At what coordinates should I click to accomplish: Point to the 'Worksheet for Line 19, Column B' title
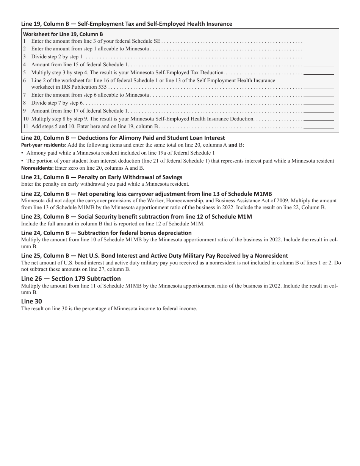click(x=63, y=34)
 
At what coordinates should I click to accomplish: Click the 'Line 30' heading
click(x=31, y=301)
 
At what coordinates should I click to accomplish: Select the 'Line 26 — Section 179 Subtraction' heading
click(x=71, y=278)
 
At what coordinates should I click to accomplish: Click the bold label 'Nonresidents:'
click(x=37, y=168)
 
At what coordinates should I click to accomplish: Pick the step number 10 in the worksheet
click(x=25, y=119)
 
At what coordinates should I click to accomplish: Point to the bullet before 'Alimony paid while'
click(x=22, y=153)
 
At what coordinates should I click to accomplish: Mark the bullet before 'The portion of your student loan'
click(x=22, y=161)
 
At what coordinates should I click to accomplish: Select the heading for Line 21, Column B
click(x=102, y=177)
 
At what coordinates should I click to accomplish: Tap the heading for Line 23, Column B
click(x=136, y=217)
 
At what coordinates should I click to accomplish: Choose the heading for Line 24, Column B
click(x=106, y=233)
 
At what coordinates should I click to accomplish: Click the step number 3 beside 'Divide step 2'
click(x=24, y=57)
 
